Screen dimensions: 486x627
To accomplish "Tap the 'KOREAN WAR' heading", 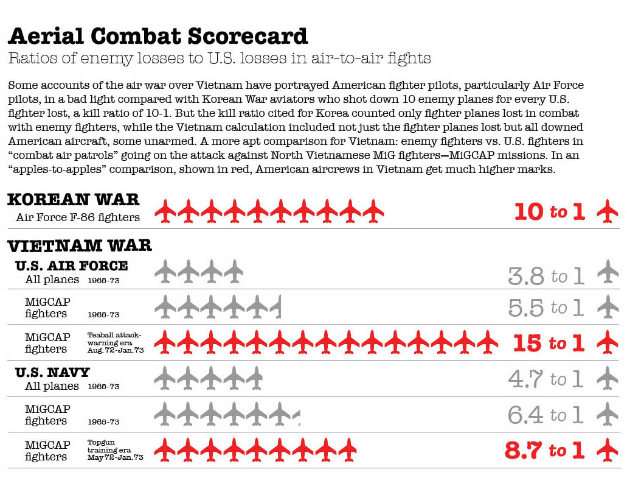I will [73, 199].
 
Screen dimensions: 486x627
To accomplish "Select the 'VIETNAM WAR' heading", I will [79, 245].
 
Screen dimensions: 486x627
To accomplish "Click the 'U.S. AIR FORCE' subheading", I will [72, 266].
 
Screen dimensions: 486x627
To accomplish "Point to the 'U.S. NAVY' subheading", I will [52, 372].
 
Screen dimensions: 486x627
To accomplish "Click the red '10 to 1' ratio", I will [549, 212].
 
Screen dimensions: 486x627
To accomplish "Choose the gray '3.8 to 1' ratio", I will [546, 276].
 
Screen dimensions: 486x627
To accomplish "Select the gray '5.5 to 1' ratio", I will [546, 308].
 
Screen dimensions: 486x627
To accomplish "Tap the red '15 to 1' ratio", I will [549, 343].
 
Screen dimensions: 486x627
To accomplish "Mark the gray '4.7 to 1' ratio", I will [546, 379].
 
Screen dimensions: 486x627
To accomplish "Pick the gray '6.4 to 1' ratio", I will [546, 415].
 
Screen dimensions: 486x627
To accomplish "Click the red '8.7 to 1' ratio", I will [544, 451].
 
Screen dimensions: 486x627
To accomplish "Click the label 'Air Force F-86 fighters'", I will [78, 217].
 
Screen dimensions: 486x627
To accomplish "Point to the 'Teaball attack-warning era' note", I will [115, 343].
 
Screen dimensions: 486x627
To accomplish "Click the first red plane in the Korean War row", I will [165, 211].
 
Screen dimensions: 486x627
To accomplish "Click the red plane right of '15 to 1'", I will [607, 342].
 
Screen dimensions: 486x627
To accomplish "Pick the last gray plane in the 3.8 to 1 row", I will [234, 272].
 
